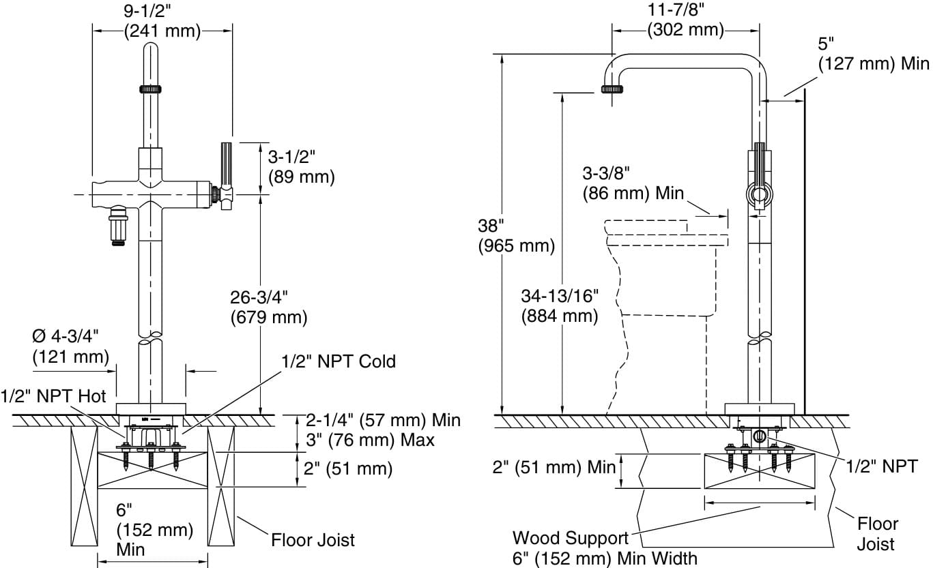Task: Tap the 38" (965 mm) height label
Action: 515,235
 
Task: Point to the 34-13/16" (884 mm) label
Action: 560,306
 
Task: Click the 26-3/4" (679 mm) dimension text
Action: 268,307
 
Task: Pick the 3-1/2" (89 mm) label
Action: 300,167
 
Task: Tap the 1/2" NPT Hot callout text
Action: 53,395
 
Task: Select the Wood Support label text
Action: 570,538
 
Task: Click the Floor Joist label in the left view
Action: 313,540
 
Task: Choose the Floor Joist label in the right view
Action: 877,534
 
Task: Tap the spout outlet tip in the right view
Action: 612,89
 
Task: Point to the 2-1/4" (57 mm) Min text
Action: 382,420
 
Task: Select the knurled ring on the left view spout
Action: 149,89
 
